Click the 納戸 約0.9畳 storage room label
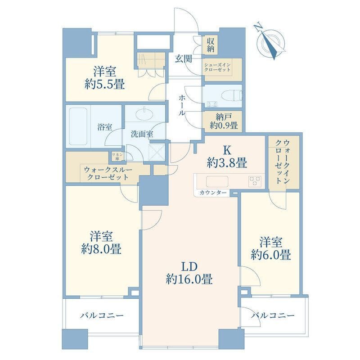(x=223, y=122)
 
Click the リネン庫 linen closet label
(x=116, y=156)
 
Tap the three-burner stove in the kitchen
(x=255, y=181)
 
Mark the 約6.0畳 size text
(x=271, y=255)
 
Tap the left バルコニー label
(x=103, y=315)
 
